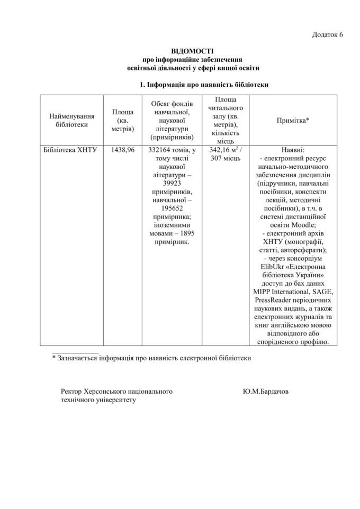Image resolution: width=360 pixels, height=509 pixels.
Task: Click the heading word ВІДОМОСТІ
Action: tap(193, 52)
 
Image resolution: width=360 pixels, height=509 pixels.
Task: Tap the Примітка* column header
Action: tap(293, 120)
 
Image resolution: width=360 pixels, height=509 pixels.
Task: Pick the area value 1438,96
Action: tap(123, 150)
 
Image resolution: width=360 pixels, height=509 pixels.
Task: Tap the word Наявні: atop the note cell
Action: tap(293, 150)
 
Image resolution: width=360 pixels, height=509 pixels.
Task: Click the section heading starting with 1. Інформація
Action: tap(204, 84)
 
